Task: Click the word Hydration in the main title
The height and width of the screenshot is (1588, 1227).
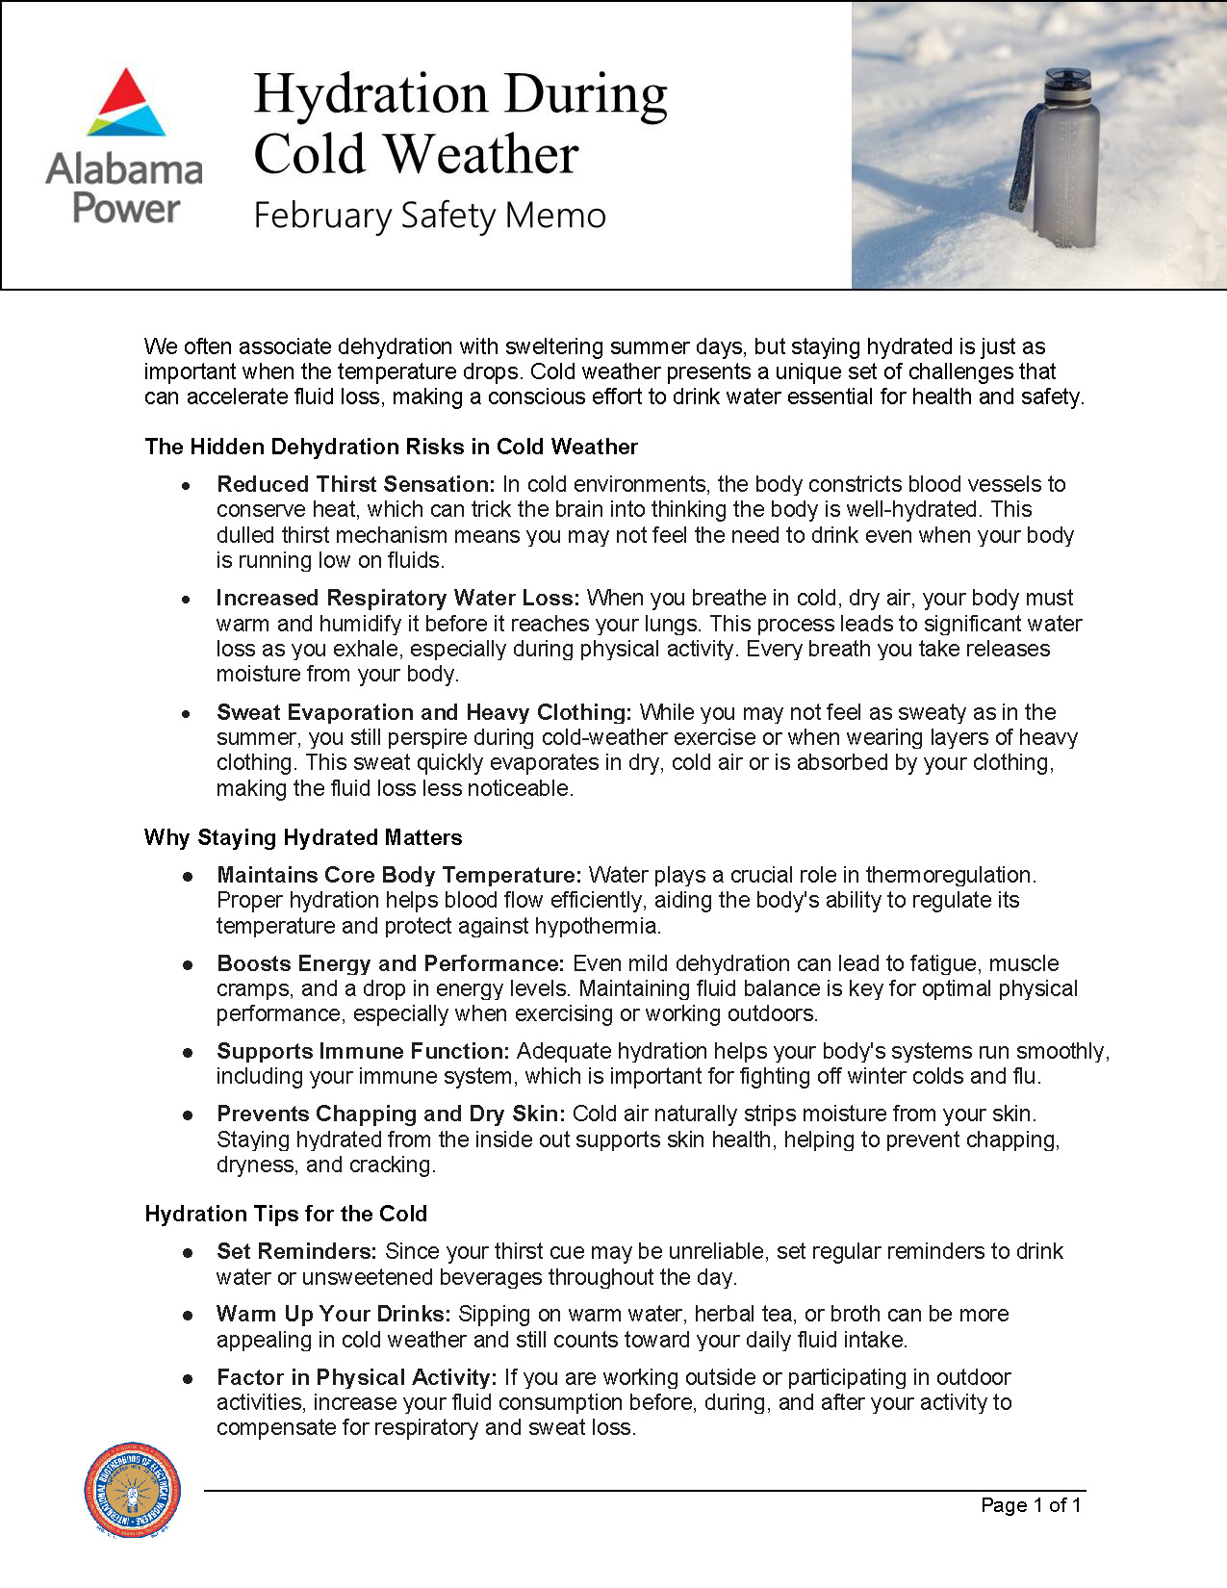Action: pyautogui.click(x=371, y=94)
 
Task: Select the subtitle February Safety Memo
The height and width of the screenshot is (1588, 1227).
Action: pyautogui.click(x=429, y=215)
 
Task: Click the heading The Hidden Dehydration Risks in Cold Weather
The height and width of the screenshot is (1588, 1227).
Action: pyautogui.click(x=391, y=447)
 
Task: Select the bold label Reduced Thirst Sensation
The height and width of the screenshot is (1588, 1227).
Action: pyautogui.click(x=355, y=484)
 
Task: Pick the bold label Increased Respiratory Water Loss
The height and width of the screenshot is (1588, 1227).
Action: pyautogui.click(x=398, y=598)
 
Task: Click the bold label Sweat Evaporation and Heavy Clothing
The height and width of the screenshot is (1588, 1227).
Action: pyautogui.click(x=423, y=712)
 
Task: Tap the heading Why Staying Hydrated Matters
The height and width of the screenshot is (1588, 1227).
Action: pyautogui.click(x=303, y=837)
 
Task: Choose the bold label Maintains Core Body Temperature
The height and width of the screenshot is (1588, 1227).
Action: pyautogui.click(x=399, y=875)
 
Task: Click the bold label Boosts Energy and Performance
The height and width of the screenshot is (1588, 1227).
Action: pyautogui.click(x=391, y=963)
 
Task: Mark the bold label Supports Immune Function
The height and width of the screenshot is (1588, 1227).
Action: pyautogui.click(x=363, y=1051)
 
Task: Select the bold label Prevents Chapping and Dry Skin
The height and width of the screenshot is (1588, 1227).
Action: pyautogui.click(x=391, y=1114)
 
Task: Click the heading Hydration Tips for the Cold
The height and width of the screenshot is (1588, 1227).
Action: pyautogui.click(x=286, y=1214)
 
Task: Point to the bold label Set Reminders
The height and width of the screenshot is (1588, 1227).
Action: pyautogui.click(x=296, y=1251)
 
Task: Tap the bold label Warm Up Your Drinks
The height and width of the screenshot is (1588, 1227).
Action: pyautogui.click(x=334, y=1314)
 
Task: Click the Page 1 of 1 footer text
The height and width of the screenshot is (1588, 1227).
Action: pyautogui.click(x=1031, y=1505)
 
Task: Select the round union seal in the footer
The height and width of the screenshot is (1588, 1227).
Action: pyautogui.click(x=133, y=1488)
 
